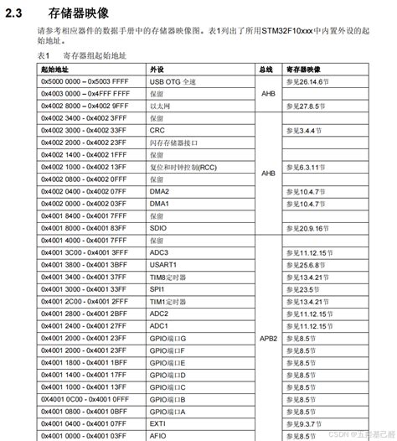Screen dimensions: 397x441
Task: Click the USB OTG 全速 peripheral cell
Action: pos(172,83)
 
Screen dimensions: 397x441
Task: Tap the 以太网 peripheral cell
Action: pos(159,106)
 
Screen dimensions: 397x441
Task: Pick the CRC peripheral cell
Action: pos(157,131)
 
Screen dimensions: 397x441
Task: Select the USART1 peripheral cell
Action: pos(162,264)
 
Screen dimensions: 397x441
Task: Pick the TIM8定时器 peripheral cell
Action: pos(168,276)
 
